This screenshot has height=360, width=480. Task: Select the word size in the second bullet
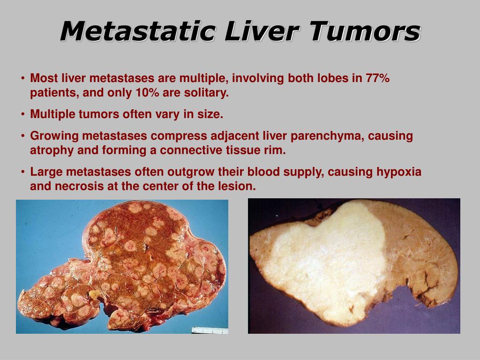coord(211,114)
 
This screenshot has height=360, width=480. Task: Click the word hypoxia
coord(399,172)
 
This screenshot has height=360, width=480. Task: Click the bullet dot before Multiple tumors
coord(23,115)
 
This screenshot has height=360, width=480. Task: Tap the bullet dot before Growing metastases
coord(23,136)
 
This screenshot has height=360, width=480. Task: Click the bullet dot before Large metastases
coord(23,172)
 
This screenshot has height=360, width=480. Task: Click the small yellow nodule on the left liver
coord(96,294)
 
